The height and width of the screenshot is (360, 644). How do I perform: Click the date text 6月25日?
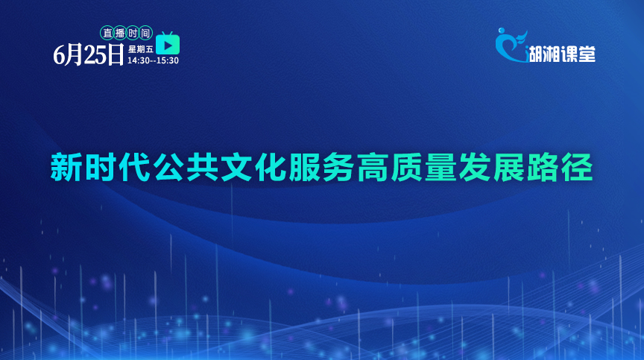88,54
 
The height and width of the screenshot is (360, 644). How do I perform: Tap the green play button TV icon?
168,43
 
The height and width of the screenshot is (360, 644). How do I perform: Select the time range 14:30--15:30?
153,60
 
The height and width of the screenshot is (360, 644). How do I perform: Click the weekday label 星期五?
141,49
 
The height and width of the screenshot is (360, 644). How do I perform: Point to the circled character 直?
107,33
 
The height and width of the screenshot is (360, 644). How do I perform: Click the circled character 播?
120,33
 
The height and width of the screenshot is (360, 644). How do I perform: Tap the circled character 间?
145,33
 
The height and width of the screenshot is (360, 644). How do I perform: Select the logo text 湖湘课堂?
562,54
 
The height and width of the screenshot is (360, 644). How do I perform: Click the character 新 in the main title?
66,167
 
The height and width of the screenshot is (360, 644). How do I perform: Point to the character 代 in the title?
134,167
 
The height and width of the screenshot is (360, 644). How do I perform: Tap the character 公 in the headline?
168,167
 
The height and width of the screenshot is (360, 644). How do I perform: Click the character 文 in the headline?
236,167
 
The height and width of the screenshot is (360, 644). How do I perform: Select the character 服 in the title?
304,167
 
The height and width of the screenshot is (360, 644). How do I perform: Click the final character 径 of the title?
577,167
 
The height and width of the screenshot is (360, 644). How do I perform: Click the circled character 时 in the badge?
133,33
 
